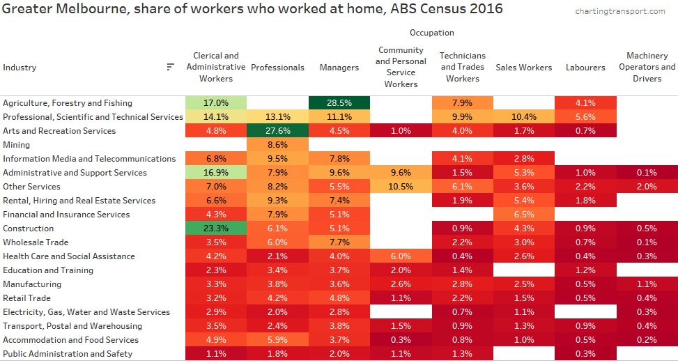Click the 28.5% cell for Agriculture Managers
[x=339, y=103]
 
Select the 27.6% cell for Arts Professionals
[x=277, y=131]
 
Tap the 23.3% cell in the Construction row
[x=216, y=229]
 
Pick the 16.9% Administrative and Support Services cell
[x=216, y=173]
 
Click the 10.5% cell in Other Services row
[x=401, y=187]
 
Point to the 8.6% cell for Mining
[x=277, y=145]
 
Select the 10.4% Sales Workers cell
[x=524, y=117]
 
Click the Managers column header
[x=339, y=68]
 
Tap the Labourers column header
[x=585, y=68]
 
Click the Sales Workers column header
[x=524, y=68]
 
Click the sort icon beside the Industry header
[x=170, y=67]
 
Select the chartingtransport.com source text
[x=620, y=11]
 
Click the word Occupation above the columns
[x=431, y=33]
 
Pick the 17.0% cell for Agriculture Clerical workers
[x=216, y=103]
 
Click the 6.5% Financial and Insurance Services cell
[x=524, y=215]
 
